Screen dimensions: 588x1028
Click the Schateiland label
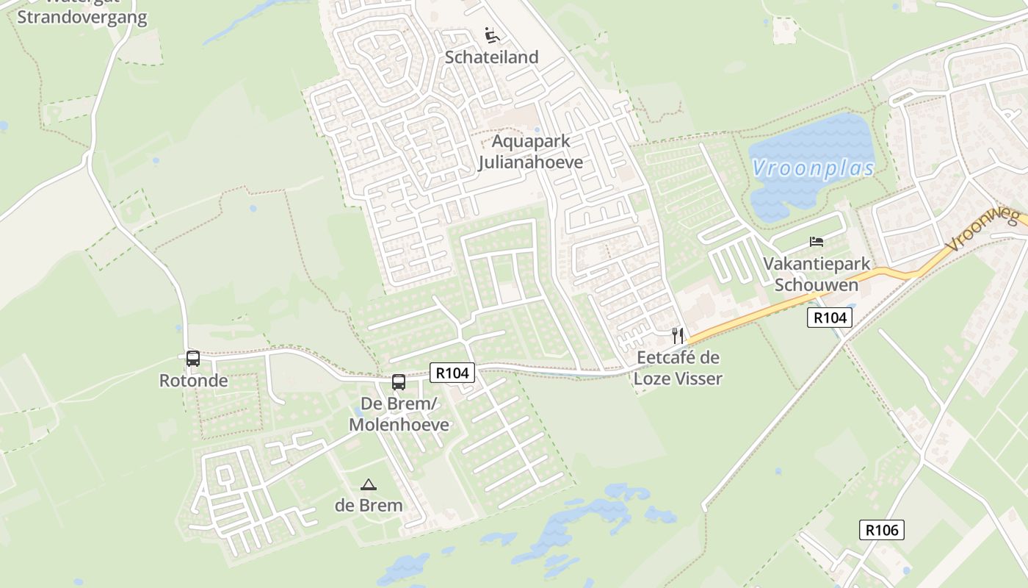tap(491, 57)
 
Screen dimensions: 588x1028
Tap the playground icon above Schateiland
tap(491, 35)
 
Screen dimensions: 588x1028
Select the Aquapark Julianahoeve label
tap(530, 151)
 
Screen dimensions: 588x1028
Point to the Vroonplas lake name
tap(813, 168)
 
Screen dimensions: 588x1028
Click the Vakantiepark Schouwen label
tap(817, 274)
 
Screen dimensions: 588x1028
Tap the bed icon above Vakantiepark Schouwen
tap(817, 241)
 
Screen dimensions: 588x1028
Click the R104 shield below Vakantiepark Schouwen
tap(830, 318)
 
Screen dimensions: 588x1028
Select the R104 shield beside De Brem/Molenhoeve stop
tap(452, 373)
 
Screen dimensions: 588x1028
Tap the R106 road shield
tap(881, 530)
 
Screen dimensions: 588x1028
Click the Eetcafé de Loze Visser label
tap(678, 368)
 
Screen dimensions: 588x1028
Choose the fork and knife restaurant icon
tap(678, 336)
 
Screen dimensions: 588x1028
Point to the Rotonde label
tap(193, 381)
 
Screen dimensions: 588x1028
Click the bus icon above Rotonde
tap(193, 359)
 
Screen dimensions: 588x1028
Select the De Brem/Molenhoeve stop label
tap(399, 415)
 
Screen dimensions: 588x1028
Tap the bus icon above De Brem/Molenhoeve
tap(399, 382)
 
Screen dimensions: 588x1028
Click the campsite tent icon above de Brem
tap(369, 484)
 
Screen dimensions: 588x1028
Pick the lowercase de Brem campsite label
tap(369, 506)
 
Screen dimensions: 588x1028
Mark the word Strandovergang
tap(82, 18)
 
